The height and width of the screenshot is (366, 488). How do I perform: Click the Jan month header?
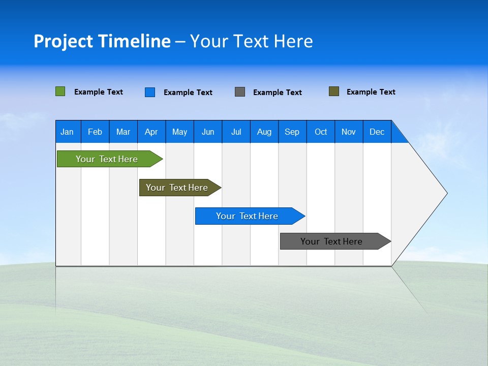(67, 132)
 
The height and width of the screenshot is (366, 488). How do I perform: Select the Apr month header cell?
(151, 132)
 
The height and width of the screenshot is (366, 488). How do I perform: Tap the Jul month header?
(236, 132)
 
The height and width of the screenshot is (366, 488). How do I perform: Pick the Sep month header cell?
(292, 132)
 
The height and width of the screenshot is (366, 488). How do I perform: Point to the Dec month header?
(377, 132)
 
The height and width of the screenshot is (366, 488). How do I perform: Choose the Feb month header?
(95, 132)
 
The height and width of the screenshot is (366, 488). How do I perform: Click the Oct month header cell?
(321, 132)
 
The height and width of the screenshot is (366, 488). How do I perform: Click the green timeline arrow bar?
(107, 159)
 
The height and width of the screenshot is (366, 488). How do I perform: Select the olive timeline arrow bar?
(177, 188)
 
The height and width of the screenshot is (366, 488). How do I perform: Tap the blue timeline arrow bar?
(247, 216)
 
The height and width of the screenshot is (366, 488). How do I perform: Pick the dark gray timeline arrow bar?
(331, 241)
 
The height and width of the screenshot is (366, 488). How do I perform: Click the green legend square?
(60, 91)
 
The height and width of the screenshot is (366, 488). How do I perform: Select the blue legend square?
(150, 92)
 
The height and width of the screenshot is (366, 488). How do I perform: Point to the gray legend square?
(240, 92)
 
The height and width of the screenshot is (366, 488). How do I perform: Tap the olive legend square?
(334, 91)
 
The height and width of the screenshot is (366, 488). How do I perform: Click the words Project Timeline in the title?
(102, 41)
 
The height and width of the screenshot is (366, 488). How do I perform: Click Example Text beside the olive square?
(371, 92)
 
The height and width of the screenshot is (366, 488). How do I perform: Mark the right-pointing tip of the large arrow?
(446, 193)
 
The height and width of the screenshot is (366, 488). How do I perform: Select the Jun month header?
(208, 132)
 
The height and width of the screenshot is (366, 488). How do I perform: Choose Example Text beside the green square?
(98, 92)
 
